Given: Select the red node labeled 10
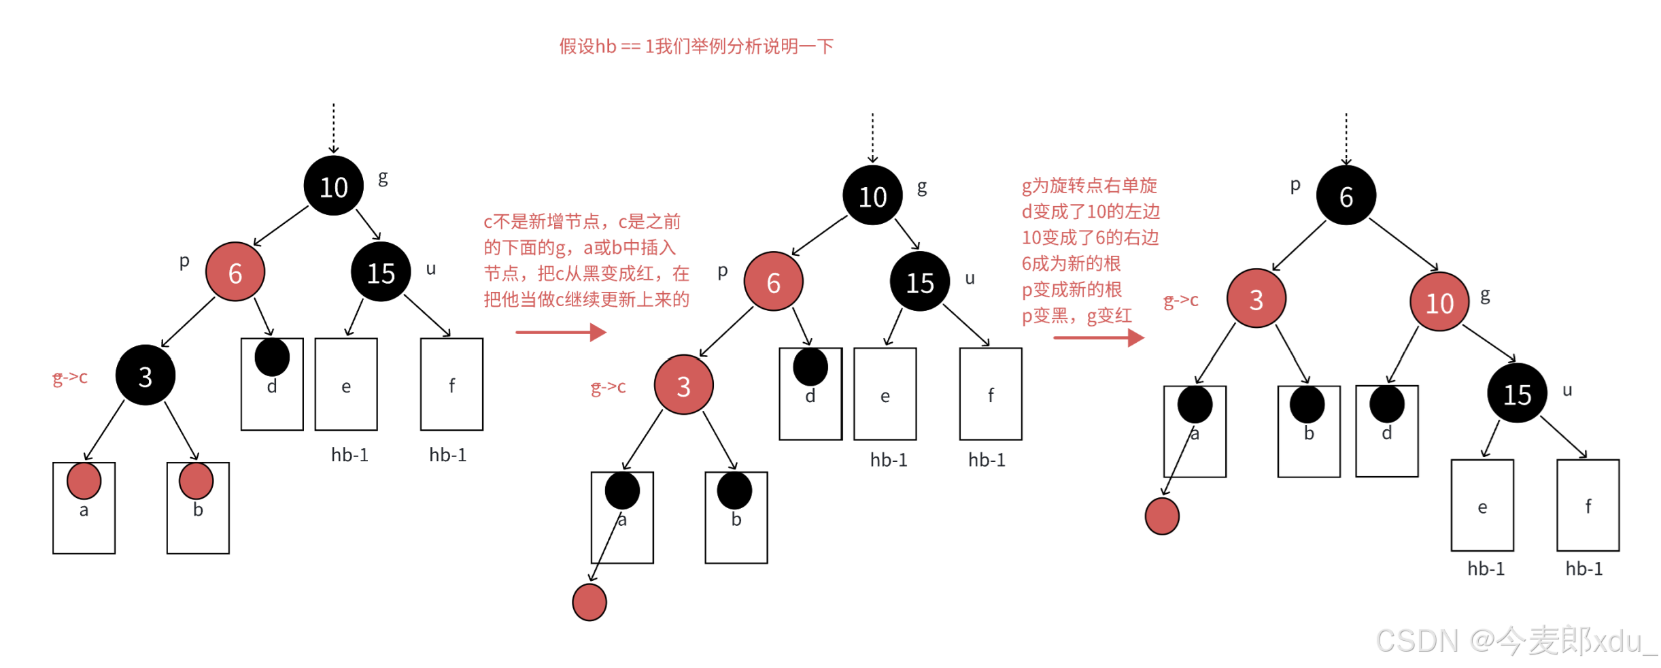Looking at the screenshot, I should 1439,302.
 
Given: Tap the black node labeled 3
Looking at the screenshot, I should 145,375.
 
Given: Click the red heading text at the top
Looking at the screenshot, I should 696,46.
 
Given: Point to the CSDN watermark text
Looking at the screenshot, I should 1516,640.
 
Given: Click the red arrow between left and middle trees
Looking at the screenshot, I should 560,332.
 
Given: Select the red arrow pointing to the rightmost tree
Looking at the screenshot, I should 1098,337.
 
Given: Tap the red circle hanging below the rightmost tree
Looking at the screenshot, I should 1162,516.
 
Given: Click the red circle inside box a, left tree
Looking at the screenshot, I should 84,480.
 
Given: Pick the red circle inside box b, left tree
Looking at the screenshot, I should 196,480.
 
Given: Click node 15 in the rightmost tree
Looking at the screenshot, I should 1517,393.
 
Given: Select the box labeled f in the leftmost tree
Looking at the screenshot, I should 451,384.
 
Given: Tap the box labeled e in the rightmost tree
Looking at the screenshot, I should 1482,505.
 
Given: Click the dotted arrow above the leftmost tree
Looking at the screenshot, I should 334,128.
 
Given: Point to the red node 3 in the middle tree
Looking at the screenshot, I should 683,385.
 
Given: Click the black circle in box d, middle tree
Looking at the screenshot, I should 810,367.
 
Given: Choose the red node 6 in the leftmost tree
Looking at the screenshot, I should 235,272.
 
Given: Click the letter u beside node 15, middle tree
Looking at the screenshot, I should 970,278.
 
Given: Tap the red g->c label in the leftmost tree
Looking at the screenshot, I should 71,378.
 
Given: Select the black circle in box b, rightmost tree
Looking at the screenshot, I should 1307,405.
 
